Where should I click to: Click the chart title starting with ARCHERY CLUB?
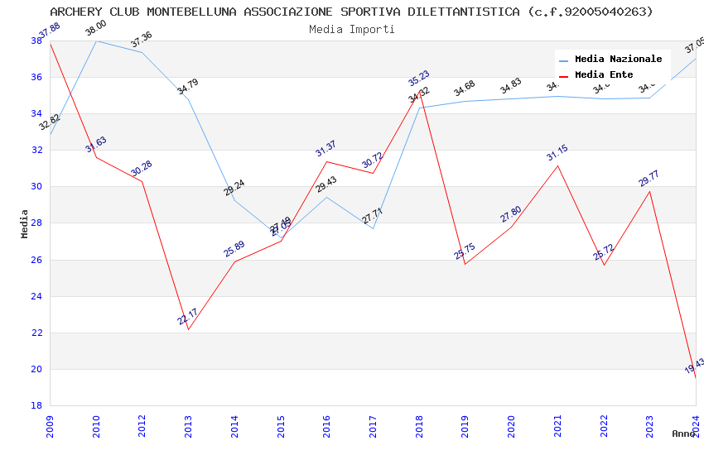coord(351,12)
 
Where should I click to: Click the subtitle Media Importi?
coord(351,29)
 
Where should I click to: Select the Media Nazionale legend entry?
coord(618,60)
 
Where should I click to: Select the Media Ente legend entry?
coord(604,74)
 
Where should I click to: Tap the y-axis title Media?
coord(25,223)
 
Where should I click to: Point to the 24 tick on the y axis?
coord(36,296)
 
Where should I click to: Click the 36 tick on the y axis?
coord(36,77)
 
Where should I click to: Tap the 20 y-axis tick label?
coord(36,369)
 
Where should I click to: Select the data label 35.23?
coord(419,79)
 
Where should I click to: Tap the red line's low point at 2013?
coord(188,329)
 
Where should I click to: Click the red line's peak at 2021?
coord(557,165)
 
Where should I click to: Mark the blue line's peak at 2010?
coord(96,41)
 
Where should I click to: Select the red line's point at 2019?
coord(465,264)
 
